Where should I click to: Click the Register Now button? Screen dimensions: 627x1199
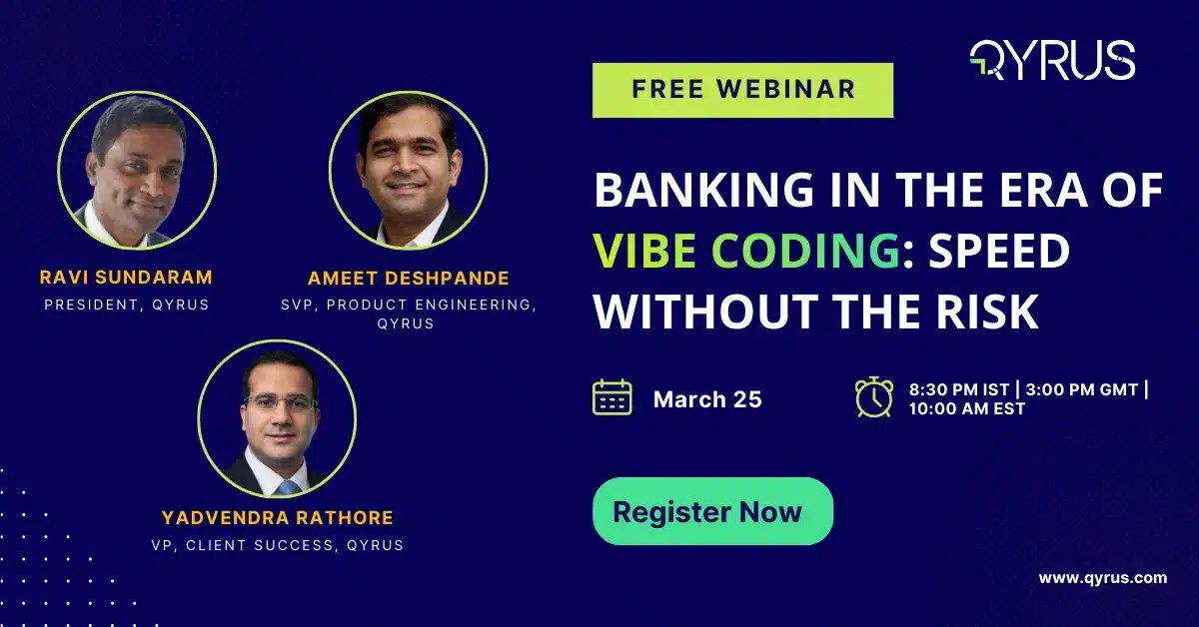[712, 512]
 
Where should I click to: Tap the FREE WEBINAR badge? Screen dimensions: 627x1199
[742, 89]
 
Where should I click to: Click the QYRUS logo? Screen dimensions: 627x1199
[1052, 60]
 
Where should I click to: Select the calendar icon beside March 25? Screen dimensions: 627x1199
[611, 397]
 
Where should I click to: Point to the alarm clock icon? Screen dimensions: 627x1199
[874, 397]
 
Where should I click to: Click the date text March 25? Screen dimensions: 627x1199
[707, 399]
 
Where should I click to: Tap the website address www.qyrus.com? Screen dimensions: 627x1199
[1102, 577]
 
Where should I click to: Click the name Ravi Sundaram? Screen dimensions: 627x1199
[127, 277]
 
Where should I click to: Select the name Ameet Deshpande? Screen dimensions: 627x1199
[408, 278]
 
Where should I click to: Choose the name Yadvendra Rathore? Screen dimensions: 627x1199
[277, 518]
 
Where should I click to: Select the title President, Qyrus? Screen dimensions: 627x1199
[127, 304]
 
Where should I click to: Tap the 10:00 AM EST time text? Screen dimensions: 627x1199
[966, 409]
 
